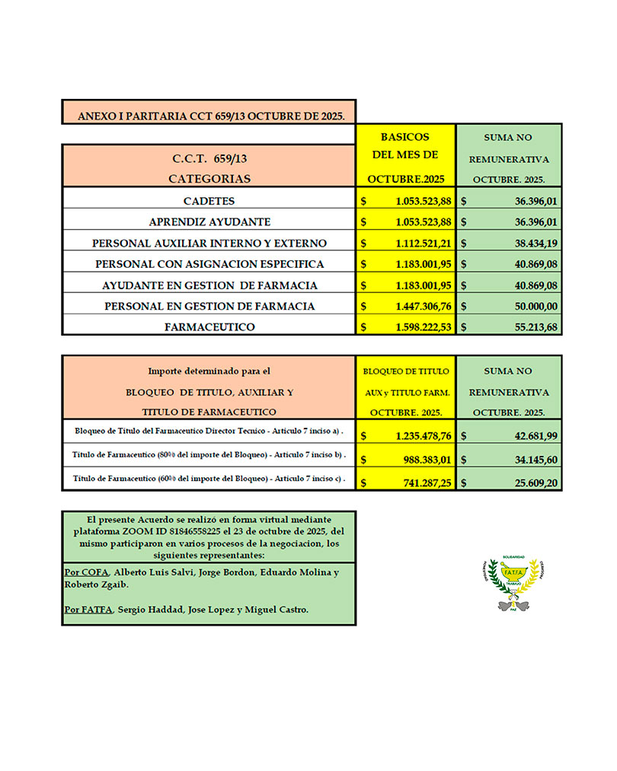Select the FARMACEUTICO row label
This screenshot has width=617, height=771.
(209, 327)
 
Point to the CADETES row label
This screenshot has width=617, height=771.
(209, 201)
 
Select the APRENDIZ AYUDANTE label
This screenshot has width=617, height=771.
(209, 222)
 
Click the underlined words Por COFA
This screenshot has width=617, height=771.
(87, 572)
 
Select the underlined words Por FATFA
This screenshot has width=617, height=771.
(88, 610)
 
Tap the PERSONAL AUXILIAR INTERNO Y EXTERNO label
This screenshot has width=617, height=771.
(209, 243)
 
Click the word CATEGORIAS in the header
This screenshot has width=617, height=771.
(209, 179)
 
